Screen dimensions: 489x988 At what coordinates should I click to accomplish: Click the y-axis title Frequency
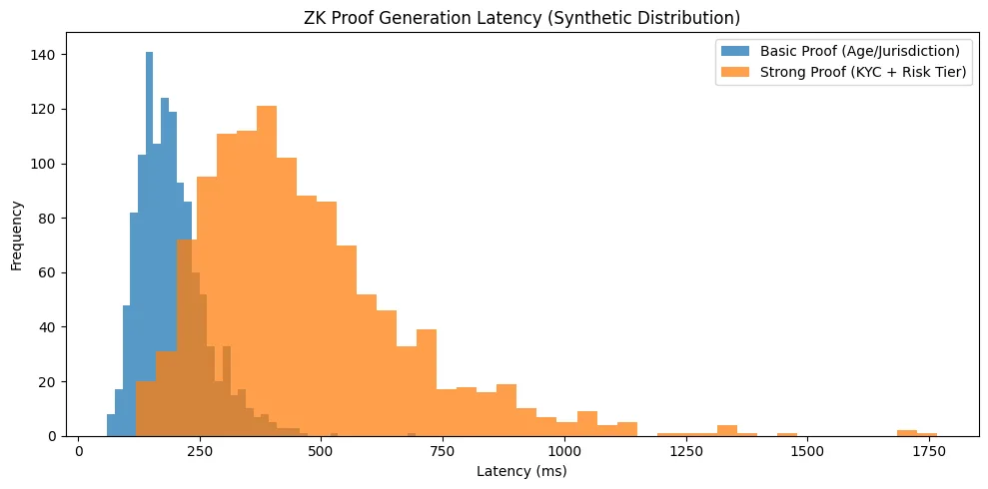coord(17,236)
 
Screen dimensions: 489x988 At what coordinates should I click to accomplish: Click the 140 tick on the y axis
coord(52,55)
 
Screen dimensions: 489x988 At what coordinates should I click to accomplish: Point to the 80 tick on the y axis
coord(56,219)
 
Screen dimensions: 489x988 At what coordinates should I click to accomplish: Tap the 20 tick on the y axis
coord(56,382)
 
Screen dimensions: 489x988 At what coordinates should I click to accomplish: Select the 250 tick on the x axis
coord(200,450)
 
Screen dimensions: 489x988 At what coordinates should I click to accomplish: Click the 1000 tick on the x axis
coord(564,450)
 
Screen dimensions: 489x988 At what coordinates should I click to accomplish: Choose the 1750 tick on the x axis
coord(928,450)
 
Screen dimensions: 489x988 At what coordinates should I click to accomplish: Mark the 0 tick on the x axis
coord(79,450)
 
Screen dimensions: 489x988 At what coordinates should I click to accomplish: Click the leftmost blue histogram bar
coord(111,425)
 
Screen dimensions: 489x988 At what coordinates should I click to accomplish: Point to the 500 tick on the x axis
coord(322,450)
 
